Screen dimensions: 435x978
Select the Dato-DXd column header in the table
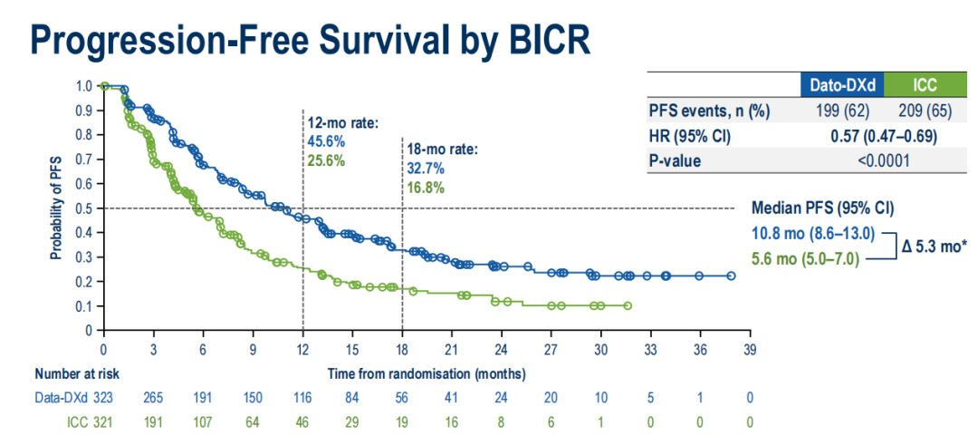841,86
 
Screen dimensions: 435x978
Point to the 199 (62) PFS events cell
841,111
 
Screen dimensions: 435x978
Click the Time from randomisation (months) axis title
427,372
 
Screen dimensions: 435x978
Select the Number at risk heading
77,372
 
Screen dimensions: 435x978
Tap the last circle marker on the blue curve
731,275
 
